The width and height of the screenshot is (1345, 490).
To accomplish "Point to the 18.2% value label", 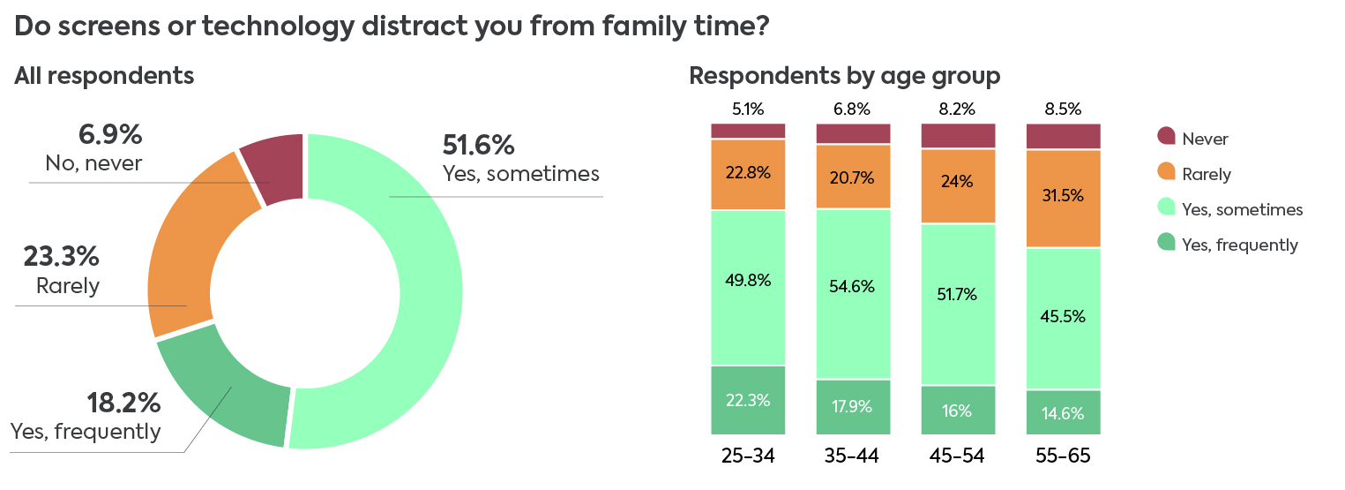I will click(x=123, y=403).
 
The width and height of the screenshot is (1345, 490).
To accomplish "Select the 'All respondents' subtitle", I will click(x=104, y=76).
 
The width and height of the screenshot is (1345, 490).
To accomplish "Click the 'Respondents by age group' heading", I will click(x=844, y=77).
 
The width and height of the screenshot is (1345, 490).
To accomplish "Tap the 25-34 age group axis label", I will click(x=748, y=456).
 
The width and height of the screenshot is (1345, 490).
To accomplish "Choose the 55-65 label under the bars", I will click(x=1064, y=456).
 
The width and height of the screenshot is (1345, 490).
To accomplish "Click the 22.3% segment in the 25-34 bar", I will click(x=748, y=400).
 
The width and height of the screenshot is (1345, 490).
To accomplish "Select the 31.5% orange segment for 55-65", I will click(x=1064, y=199).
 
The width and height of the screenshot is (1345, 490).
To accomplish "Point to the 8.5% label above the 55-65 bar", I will click(x=1064, y=109).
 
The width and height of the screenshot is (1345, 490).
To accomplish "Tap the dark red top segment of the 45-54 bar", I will click(x=958, y=136).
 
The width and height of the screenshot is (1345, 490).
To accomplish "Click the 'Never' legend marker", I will click(x=1166, y=136).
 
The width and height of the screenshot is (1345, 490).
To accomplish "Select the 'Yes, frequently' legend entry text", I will click(x=1240, y=245).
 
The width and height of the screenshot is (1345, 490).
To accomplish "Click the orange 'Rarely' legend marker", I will click(x=1166, y=172).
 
